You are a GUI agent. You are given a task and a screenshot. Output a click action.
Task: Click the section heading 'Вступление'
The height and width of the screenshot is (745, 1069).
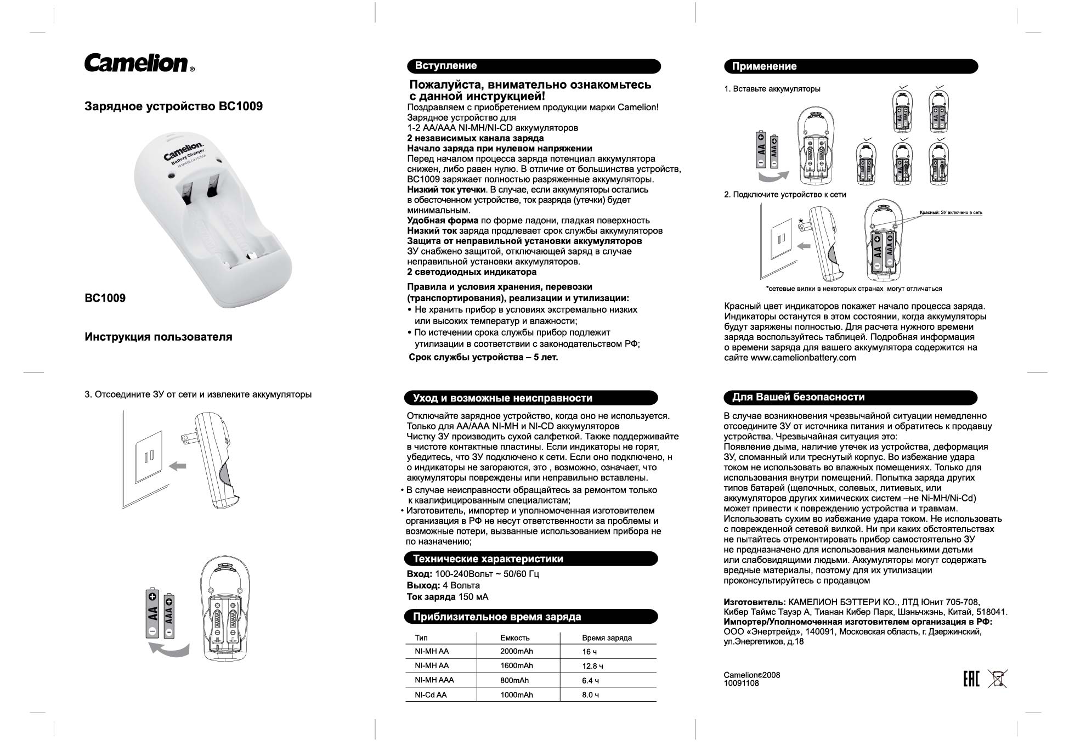445,66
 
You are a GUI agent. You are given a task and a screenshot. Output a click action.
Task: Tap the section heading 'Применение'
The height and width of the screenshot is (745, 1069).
764,66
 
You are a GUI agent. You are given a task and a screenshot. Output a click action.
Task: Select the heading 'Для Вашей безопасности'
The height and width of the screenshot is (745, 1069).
798,397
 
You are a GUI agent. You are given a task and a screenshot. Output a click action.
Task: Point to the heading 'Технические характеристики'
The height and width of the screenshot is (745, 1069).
488,559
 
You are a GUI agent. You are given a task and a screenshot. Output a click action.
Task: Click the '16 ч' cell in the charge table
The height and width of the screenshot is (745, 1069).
590,652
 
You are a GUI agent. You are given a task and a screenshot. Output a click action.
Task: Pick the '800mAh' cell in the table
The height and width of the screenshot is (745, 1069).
514,680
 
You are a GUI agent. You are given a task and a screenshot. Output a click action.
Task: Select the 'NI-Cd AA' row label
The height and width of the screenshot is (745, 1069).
431,695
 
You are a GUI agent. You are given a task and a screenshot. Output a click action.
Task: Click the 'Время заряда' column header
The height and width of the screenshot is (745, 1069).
607,638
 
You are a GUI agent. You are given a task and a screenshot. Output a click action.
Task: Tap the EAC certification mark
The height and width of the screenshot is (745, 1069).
971,679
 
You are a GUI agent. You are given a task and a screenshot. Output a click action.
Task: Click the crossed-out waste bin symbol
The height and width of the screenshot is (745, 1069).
997,679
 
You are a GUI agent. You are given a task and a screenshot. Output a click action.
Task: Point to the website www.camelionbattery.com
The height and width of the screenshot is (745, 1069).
803,358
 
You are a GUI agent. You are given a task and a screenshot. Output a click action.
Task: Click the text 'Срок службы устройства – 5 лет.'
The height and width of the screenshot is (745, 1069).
483,357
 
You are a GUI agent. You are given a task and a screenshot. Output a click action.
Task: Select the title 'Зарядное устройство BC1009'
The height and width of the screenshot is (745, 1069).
173,106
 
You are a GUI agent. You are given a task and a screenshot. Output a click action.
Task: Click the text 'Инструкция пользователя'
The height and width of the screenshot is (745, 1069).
158,337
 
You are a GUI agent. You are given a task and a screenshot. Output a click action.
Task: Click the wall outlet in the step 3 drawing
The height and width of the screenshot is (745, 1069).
149,456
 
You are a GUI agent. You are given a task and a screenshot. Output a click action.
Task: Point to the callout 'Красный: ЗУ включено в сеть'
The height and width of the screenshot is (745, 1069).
951,212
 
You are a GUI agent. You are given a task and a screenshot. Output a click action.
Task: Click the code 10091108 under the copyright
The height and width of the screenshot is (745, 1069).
741,684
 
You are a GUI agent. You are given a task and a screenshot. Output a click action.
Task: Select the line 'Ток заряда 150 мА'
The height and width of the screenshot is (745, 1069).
447,597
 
